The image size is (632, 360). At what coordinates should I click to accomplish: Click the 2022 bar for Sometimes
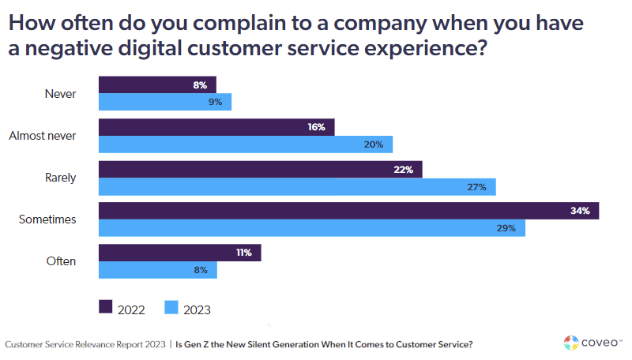pos(348,211)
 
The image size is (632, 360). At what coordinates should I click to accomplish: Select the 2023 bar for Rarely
pos(297,186)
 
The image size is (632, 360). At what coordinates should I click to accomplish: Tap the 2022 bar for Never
pos(157,84)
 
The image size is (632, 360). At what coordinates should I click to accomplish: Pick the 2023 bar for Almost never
pos(245,144)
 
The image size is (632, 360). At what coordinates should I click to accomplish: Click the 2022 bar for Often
pos(179,253)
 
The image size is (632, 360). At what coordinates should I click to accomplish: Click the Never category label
pos(61,93)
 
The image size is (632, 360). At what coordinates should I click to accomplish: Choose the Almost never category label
pos(42,136)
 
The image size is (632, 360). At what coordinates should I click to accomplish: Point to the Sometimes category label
pos(47,219)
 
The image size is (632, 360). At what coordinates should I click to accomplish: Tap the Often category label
pos(61,261)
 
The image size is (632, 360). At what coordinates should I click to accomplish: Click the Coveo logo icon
pos(572,343)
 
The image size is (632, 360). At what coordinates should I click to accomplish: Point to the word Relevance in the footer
pos(100,345)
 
